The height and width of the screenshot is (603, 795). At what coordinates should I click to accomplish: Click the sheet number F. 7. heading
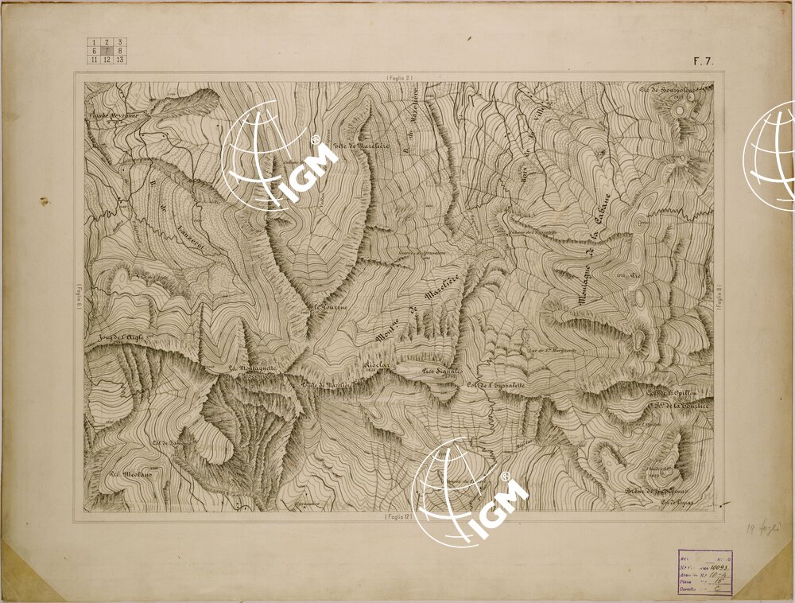(704, 60)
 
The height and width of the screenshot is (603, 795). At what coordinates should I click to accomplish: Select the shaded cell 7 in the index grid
(107, 51)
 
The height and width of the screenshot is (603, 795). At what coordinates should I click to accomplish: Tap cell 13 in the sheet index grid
(120, 60)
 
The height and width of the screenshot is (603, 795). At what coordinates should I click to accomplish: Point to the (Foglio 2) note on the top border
(398, 77)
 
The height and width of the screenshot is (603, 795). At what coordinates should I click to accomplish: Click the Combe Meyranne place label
(110, 116)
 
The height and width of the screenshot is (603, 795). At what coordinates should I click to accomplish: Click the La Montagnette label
(252, 368)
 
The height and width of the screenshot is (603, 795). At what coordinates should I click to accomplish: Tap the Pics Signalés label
(442, 371)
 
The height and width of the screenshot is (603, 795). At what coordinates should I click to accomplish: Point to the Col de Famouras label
(169, 442)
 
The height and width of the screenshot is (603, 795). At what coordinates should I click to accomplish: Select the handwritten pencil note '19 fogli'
(764, 527)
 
